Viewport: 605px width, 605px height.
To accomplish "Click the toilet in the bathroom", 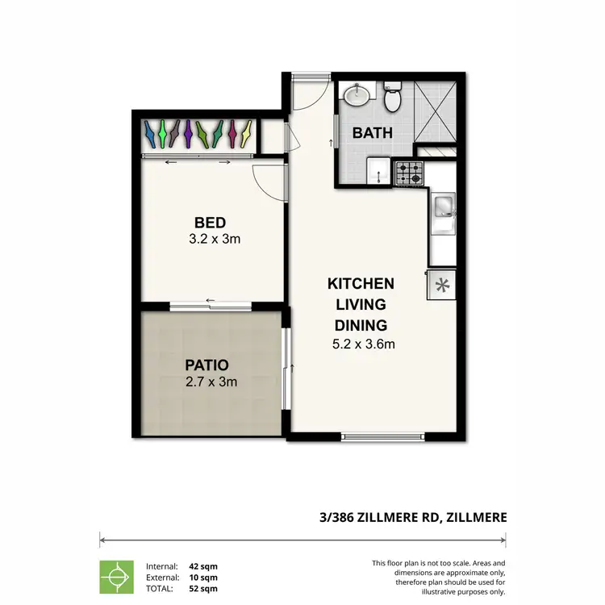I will click(x=393, y=101).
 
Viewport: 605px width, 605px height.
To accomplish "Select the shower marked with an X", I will click(x=437, y=111).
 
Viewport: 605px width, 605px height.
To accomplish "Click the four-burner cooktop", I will click(x=409, y=172).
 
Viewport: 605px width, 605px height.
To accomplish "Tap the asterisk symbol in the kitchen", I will click(x=441, y=284).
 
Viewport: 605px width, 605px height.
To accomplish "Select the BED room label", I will click(x=209, y=223).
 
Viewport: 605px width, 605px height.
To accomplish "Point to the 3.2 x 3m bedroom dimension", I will click(x=215, y=239).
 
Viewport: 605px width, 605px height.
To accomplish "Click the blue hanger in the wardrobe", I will click(x=149, y=134).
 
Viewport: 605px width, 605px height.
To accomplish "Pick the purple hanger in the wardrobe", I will click(x=188, y=134).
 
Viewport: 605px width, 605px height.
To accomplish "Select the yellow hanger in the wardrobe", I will click(x=247, y=134).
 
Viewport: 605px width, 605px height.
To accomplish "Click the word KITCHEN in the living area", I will click(x=361, y=283).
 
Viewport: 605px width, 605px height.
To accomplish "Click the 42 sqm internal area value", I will click(x=203, y=566).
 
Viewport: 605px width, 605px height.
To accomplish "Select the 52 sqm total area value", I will click(x=203, y=589).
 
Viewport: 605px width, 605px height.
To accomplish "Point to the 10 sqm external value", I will click(x=203, y=578).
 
